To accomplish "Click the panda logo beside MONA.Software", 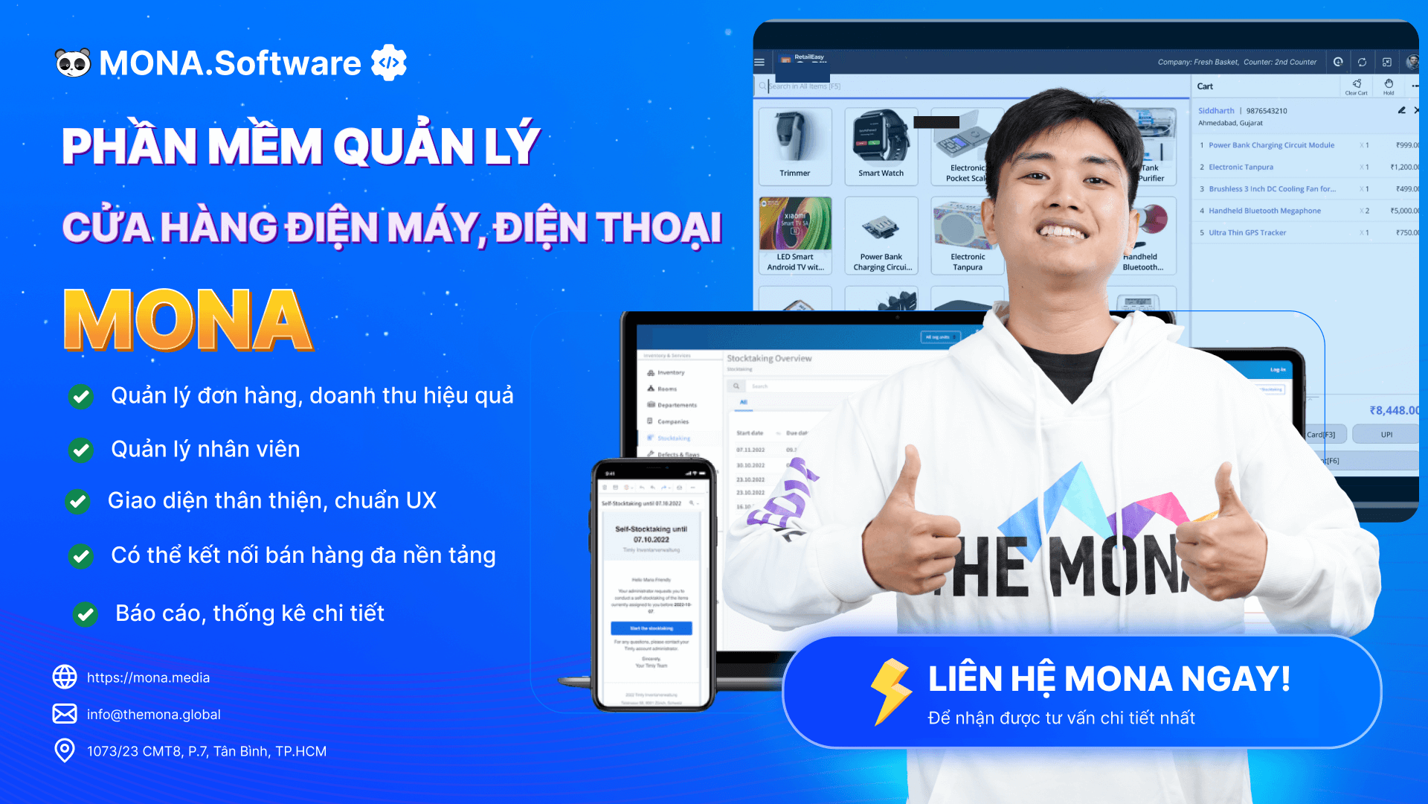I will pyautogui.click(x=73, y=63).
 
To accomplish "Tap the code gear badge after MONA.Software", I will pyautogui.click(x=389, y=63).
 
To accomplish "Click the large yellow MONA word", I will pyautogui.click(x=187, y=320).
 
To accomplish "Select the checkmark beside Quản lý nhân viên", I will pyautogui.click(x=80, y=450).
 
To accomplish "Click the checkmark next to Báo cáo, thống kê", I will pyautogui.click(x=86, y=614).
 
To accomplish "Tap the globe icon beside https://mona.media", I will pyautogui.click(x=65, y=677).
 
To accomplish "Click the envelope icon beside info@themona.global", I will pyautogui.click(x=65, y=714).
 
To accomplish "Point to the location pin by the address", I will pyautogui.click(x=65, y=750).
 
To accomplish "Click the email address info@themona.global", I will pyautogui.click(x=154, y=715).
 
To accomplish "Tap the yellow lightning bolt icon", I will pyautogui.click(x=890, y=691).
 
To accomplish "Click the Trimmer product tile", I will pyautogui.click(x=795, y=146).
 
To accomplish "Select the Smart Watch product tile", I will pyautogui.click(x=881, y=146).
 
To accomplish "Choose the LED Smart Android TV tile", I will pyautogui.click(x=795, y=235).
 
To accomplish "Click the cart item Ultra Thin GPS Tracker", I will pyautogui.click(x=1247, y=233).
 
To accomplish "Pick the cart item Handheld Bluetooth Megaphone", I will pyautogui.click(x=1264, y=211).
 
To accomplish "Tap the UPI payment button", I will pyautogui.click(x=1386, y=435).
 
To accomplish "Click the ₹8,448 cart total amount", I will pyautogui.click(x=1394, y=410).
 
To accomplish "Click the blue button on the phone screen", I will pyautogui.click(x=652, y=628).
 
